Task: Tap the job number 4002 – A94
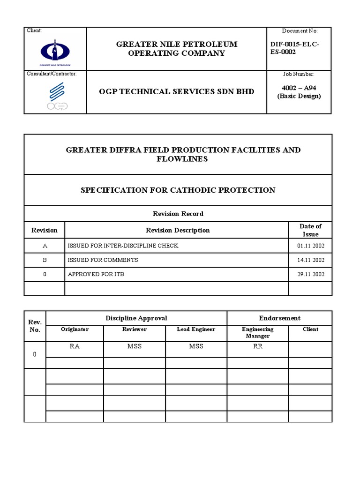[x=299, y=88]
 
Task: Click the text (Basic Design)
[x=299, y=96]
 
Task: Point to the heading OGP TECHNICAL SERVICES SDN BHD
[x=177, y=91]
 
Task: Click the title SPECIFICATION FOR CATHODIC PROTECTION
[x=178, y=190]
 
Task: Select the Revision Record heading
[x=178, y=214]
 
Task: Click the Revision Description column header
[x=178, y=230]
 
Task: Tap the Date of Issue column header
[x=310, y=230]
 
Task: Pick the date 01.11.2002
[x=310, y=246]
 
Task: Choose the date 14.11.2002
[x=310, y=260]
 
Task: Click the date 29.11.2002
[x=310, y=274]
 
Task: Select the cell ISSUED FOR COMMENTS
[x=103, y=260]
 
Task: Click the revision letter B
[x=45, y=260]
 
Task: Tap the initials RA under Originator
[x=75, y=346]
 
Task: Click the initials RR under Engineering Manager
[x=258, y=346]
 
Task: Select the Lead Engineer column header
[x=196, y=329]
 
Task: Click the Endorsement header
[x=280, y=318]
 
